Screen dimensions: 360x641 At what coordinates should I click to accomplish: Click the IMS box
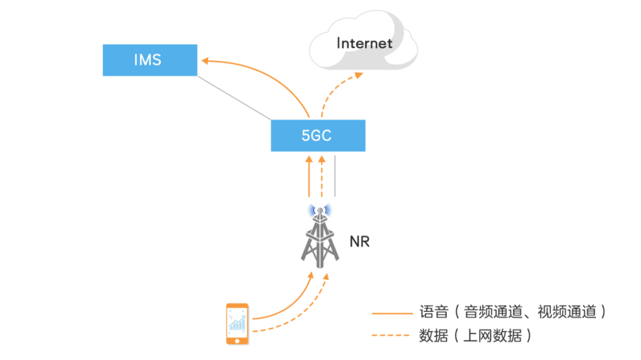tap(150, 60)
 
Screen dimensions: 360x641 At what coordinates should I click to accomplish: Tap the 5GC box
tap(318, 135)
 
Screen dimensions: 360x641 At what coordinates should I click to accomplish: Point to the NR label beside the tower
tap(359, 241)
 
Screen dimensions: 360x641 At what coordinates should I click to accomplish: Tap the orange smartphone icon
tap(237, 323)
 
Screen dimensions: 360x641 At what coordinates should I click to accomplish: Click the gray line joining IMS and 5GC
tap(234, 98)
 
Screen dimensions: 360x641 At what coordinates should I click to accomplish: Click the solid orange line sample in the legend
tap(392, 313)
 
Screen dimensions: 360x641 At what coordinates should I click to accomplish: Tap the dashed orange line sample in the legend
tap(392, 336)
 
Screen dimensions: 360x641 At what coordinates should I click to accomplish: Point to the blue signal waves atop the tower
tap(320, 211)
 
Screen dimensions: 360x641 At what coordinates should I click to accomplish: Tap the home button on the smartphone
tap(237, 340)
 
